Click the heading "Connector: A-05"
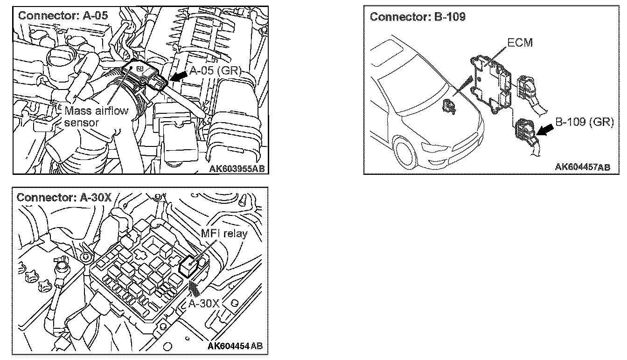click(63, 14)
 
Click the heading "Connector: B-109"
click(418, 17)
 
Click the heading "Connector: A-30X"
click(64, 197)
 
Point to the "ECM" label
click(520, 43)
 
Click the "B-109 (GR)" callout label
click(583, 124)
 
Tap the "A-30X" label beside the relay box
click(204, 304)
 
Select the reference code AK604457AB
click(583, 167)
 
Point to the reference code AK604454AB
click(235, 346)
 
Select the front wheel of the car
click(407, 152)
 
